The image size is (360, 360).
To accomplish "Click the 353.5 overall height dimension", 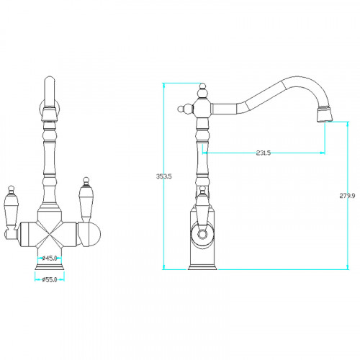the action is (x=164, y=176).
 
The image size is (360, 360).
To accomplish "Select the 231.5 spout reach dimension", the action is (x=264, y=153).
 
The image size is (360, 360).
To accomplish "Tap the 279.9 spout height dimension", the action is (x=347, y=196).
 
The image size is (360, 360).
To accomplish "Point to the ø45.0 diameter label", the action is (x=50, y=258).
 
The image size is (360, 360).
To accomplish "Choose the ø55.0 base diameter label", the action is (x=50, y=279).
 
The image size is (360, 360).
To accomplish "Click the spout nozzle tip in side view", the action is (x=325, y=114).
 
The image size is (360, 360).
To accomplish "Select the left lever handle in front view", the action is (x=11, y=207).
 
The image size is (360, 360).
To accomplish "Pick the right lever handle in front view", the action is (x=86, y=200).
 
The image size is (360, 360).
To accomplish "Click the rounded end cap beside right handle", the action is (x=92, y=234).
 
